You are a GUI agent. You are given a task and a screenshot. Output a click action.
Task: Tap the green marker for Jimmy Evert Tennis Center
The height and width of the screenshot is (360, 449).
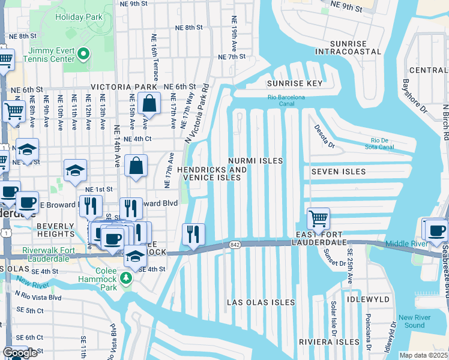[85, 55]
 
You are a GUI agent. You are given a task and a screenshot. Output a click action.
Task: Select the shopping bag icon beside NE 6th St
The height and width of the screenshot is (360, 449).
[148, 103]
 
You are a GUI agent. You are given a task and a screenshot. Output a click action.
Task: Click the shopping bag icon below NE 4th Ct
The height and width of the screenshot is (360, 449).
[136, 166]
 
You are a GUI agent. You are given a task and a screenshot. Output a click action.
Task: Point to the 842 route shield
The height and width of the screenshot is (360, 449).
[234, 244]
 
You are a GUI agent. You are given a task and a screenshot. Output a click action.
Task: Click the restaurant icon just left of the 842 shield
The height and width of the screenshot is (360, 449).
[193, 234]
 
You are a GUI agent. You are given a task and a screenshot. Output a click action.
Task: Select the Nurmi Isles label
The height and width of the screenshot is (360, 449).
[255, 161]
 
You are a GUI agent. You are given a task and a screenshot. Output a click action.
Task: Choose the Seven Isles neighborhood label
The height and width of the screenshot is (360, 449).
[338, 172]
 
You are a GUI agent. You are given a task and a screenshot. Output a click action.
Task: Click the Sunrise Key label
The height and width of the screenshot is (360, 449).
[295, 83]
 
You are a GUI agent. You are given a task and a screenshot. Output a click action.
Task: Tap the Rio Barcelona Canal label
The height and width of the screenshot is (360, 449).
[286, 100]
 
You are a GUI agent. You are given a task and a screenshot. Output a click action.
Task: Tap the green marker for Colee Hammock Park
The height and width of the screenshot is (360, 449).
[125, 277]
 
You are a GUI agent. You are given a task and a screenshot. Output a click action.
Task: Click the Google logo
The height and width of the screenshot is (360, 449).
[20, 353]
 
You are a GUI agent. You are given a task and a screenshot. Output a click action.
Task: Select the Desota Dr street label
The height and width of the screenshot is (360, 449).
[324, 136]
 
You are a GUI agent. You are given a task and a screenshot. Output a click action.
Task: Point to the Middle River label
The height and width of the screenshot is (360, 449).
[407, 244]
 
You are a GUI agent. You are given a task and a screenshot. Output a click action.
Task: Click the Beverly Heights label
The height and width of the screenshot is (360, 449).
[56, 230]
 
